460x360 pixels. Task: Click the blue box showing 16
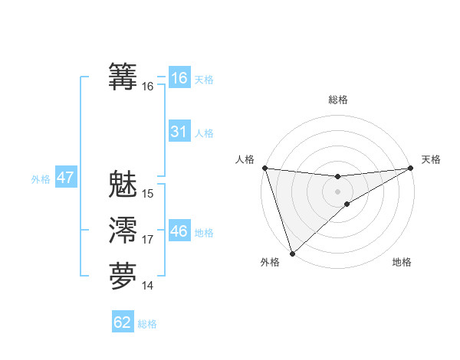click(179, 77)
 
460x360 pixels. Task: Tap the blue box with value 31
click(179, 132)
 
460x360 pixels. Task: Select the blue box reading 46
click(179, 231)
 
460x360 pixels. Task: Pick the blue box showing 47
click(65, 178)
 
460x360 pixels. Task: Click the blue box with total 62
click(123, 322)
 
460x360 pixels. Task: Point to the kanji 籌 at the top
click(123, 77)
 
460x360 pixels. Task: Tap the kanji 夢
click(123, 277)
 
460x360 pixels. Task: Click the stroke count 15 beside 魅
click(148, 194)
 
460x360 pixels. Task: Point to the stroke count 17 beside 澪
click(148, 241)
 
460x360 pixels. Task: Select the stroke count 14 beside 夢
click(148, 286)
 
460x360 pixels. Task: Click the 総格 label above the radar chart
click(337, 100)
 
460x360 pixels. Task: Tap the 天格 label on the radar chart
click(431, 159)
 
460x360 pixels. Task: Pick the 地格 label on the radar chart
click(402, 263)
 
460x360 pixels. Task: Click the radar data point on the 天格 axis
click(411, 168)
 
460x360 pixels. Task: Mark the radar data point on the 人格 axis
click(264, 168)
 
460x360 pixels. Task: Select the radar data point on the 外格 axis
click(292, 253)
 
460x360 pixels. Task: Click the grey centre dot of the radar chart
click(337, 191)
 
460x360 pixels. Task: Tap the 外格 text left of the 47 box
click(41, 179)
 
